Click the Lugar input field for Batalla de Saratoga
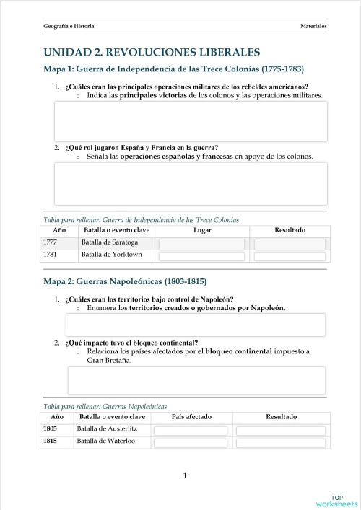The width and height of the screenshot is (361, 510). [202, 244]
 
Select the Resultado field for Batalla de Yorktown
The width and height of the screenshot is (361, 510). [290, 255]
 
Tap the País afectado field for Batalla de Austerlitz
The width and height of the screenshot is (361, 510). [191, 430]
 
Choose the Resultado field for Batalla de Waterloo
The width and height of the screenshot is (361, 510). [281, 442]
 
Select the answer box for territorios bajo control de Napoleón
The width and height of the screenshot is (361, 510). [195, 325]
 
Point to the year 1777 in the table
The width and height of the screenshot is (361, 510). [50, 242]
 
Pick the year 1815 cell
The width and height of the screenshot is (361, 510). [50, 441]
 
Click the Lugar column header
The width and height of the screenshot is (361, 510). [202, 230]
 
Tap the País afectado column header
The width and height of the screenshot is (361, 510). [191, 416]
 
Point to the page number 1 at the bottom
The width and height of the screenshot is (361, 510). [185, 475]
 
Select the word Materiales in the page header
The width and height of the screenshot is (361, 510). [313, 26]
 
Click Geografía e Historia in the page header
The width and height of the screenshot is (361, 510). [69, 26]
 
